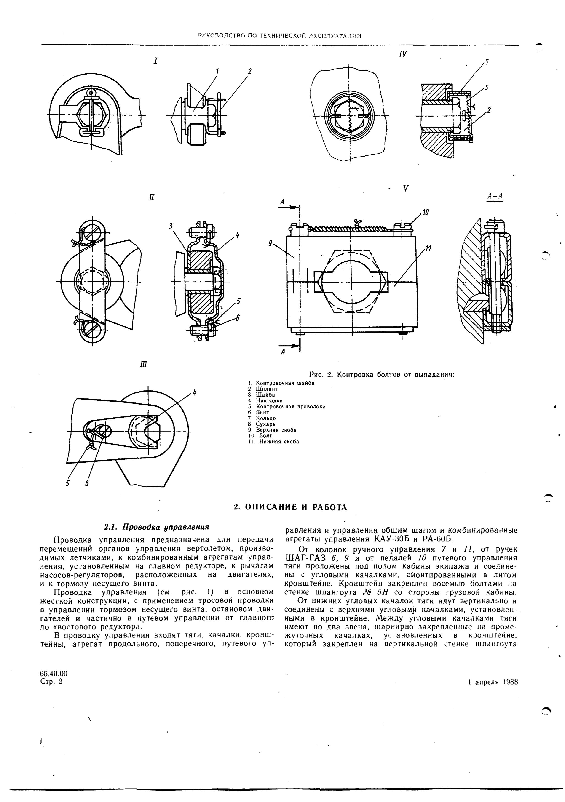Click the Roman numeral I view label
(156, 61)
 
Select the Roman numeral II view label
(151, 197)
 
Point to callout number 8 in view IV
(489, 111)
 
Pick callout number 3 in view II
(171, 226)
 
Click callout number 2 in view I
(249, 72)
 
